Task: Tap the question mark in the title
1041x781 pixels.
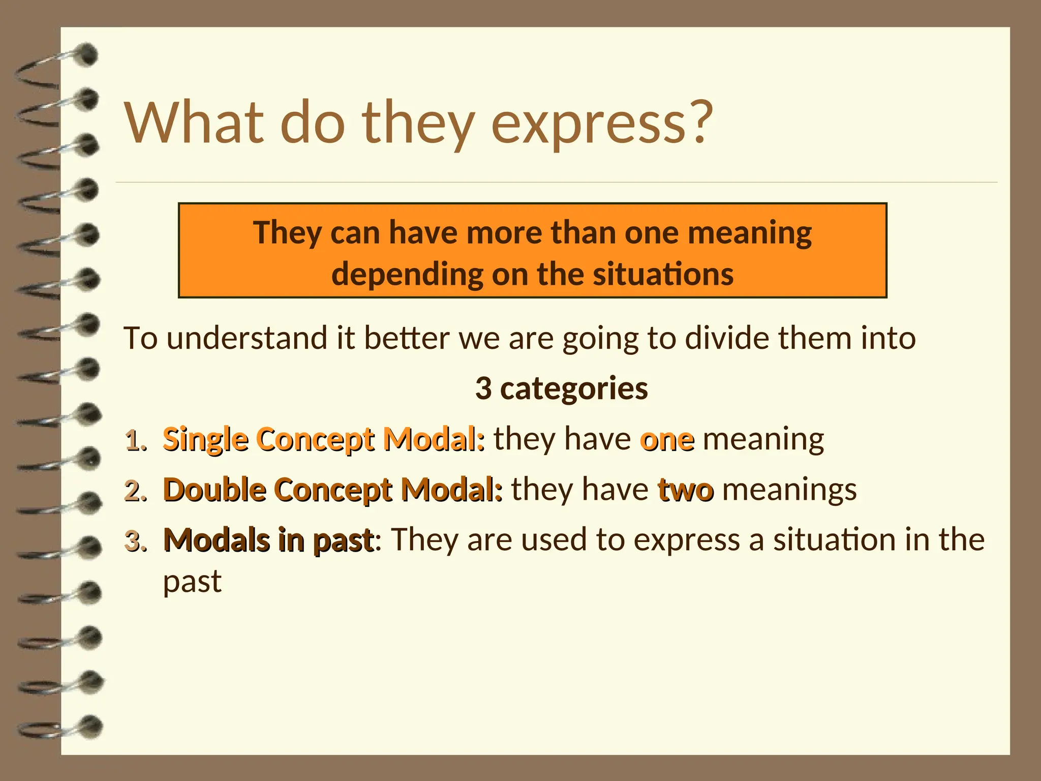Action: tap(698, 122)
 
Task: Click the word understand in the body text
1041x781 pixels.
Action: tap(247, 338)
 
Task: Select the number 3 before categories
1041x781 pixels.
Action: tap(483, 388)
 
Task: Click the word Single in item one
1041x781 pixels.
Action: tap(206, 440)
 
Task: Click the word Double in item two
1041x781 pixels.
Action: tap(215, 490)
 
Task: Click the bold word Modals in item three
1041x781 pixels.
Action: tap(217, 540)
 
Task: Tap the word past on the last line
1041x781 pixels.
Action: tap(192, 582)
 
